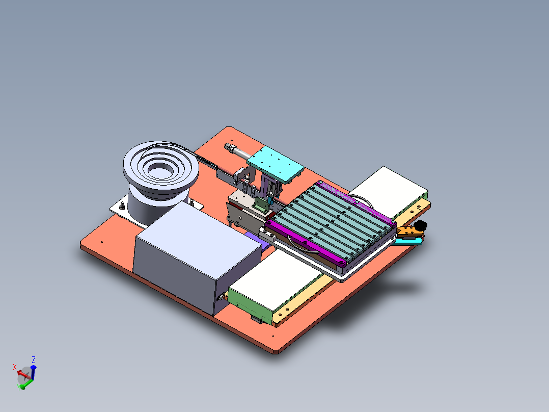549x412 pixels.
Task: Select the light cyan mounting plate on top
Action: point(276,164)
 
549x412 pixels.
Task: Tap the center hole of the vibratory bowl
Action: point(160,171)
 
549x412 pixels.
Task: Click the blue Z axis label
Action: point(34,360)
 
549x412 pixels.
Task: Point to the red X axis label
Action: point(15,367)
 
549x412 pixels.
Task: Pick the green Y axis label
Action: point(18,388)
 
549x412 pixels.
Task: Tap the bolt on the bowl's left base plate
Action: point(122,205)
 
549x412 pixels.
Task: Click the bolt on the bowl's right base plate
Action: point(191,202)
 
